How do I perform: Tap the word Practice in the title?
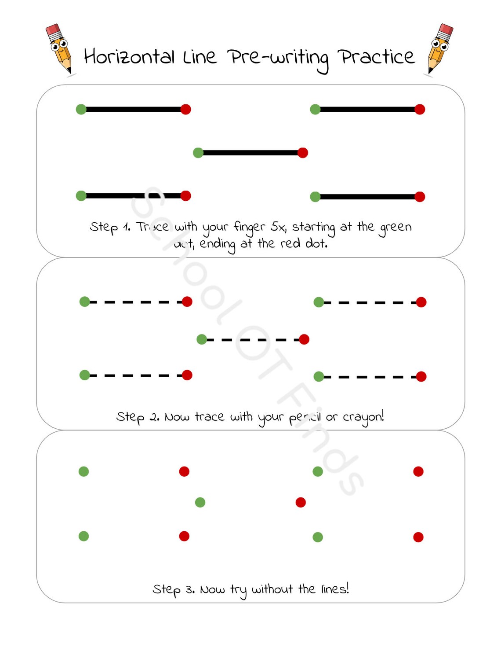pyautogui.click(x=376, y=57)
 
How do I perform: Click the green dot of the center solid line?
pyautogui.click(x=198, y=153)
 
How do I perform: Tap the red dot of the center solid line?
pyautogui.click(x=303, y=153)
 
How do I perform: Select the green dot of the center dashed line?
pyautogui.click(x=202, y=339)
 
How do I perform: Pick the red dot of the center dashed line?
pyautogui.click(x=304, y=339)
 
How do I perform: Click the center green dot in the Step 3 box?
pyautogui.click(x=200, y=502)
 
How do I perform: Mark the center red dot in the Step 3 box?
pyautogui.click(x=301, y=502)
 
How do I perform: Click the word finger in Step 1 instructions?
pyautogui.click(x=249, y=227)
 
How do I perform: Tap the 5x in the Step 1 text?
pyautogui.click(x=278, y=227)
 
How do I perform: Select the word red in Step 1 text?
pyautogui.click(x=290, y=243)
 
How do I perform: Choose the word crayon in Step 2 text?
pyautogui.click(x=363, y=417)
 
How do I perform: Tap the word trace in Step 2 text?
pyautogui.click(x=209, y=416)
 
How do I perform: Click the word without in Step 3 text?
pyautogui.click(x=272, y=589)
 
